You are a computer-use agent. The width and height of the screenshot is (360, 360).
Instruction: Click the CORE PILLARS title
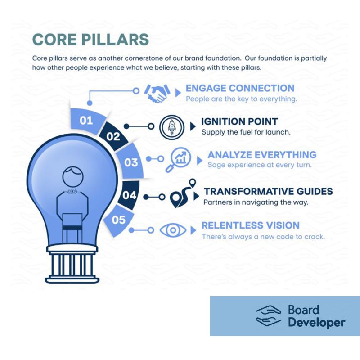(91, 39)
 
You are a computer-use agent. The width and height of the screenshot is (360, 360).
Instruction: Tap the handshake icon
(157, 93)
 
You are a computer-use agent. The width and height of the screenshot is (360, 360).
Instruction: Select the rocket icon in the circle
(172, 127)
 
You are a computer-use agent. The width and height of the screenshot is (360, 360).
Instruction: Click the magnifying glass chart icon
(178, 160)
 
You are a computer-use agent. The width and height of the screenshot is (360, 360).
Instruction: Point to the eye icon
(173, 230)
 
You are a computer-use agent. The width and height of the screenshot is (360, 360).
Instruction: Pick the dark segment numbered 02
(113, 136)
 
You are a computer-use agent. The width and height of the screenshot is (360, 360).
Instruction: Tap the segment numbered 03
(130, 162)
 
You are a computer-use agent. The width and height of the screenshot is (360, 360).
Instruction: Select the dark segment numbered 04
(129, 195)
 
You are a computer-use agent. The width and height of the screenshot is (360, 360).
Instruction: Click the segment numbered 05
(119, 220)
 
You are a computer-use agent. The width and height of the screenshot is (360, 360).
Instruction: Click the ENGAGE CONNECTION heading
(240, 88)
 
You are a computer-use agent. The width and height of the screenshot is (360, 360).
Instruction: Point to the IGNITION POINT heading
(239, 121)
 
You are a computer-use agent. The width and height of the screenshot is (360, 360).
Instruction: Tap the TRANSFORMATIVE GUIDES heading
(268, 191)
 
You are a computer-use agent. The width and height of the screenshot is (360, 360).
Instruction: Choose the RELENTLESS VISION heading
(251, 225)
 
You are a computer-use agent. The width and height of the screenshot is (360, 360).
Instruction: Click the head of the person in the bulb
(73, 177)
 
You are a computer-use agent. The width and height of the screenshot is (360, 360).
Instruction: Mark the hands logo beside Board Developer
(268, 316)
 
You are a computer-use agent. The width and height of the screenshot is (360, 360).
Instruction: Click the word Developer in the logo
(317, 323)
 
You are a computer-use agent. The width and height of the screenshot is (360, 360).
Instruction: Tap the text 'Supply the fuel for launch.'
(246, 132)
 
